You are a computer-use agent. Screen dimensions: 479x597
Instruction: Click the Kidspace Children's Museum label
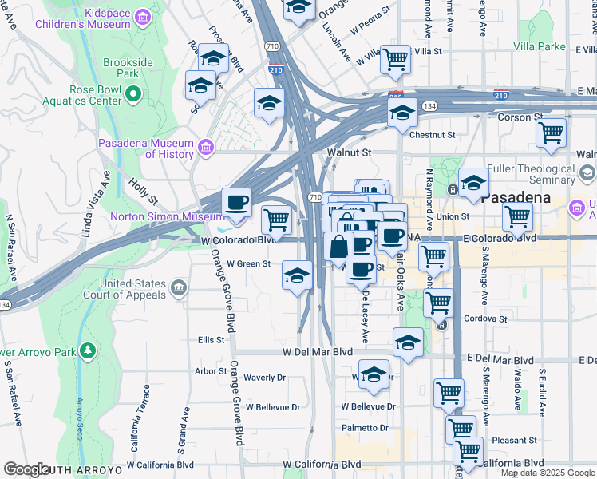pyautogui.click(x=84, y=19)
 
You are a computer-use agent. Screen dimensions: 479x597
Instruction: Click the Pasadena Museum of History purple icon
pyautogui.click(x=206, y=147)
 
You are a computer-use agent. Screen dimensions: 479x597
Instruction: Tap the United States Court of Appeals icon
pyautogui.click(x=177, y=286)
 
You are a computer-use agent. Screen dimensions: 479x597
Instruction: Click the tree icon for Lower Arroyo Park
pyautogui.click(x=87, y=350)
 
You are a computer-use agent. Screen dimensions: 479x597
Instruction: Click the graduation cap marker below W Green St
pyautogui.click(x=297, y=275)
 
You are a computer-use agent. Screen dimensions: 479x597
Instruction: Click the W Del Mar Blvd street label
pyautogui.click(x=318, y=351)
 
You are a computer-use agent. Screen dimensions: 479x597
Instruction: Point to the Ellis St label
pyautogui.click(x=211, y=340)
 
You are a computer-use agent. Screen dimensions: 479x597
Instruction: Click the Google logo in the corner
pyautogui.click(x=26, y=469)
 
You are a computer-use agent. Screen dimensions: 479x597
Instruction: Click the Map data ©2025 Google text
pyautogui.click(x=548, y=473)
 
